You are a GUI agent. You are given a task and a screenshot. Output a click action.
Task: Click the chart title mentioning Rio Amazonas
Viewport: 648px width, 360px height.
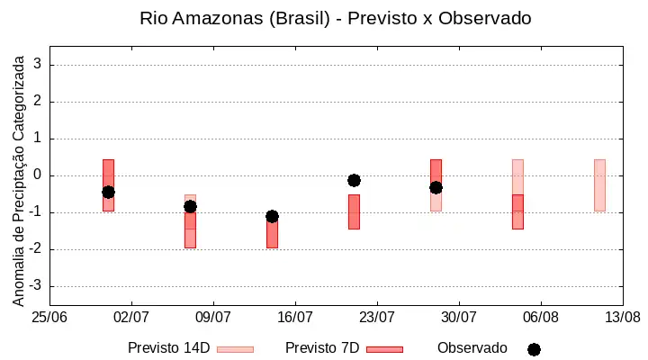point(335,19)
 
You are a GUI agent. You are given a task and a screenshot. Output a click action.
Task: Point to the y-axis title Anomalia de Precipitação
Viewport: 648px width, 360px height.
point(19,181)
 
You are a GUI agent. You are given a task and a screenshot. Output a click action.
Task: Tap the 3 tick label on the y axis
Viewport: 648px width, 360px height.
point(38,64)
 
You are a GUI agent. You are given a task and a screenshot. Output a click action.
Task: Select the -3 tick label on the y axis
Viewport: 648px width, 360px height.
point(35,285)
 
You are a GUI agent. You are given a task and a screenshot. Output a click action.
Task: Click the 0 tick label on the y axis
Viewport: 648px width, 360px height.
point(38,175)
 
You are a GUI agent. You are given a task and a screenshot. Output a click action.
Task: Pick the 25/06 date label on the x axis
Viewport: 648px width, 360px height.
point(49,318)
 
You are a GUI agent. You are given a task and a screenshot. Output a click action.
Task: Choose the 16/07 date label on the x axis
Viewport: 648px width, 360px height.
point(295,318)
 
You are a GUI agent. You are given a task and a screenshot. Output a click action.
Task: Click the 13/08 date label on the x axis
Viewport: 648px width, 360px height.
point(623,318)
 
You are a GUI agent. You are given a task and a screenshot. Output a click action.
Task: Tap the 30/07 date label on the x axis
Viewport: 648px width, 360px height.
point(459,318)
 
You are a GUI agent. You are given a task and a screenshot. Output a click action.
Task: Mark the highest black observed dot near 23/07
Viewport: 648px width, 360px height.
point(354,180)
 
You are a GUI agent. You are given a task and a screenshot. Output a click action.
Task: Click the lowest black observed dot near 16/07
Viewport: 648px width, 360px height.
point(272,216)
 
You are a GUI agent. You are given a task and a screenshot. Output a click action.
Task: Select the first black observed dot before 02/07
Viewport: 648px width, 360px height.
point(108,192)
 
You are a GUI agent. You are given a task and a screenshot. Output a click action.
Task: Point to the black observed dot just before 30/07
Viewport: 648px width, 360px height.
point(436,187)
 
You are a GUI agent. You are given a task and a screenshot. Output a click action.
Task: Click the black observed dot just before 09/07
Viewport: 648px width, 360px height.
point(190,207)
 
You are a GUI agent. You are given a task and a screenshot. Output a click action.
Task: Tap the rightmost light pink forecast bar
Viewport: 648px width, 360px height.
point(599,185)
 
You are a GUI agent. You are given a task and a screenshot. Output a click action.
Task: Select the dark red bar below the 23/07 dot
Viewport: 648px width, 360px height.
point(354,212)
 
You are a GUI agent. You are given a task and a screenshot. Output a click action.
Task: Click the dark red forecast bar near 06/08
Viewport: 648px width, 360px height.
point(517,212)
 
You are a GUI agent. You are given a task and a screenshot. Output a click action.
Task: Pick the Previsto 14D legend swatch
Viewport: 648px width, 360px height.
point(235,349)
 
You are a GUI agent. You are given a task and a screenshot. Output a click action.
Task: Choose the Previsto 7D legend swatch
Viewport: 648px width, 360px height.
point(384,349)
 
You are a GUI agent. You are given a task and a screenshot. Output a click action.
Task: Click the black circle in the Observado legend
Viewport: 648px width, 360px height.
point(534,350)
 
